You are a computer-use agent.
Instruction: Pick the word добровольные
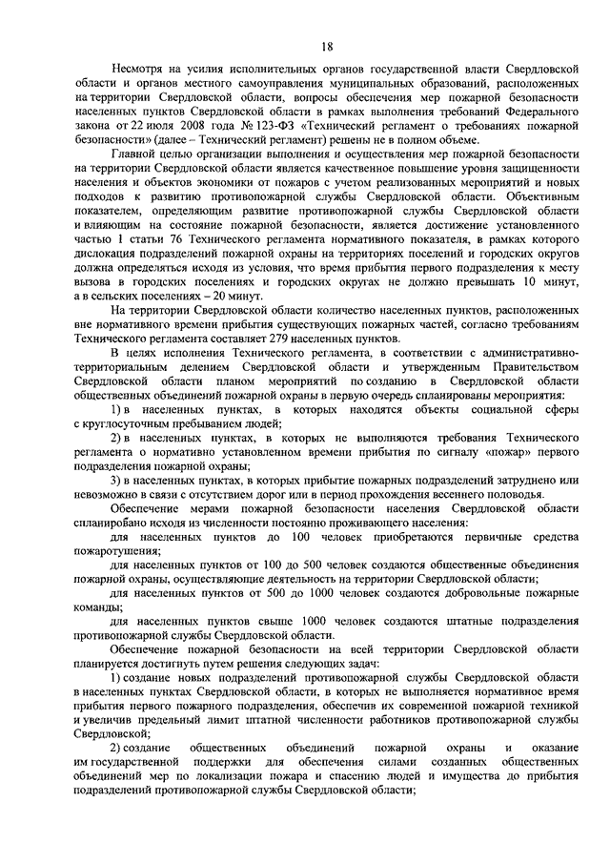point(465,592)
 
